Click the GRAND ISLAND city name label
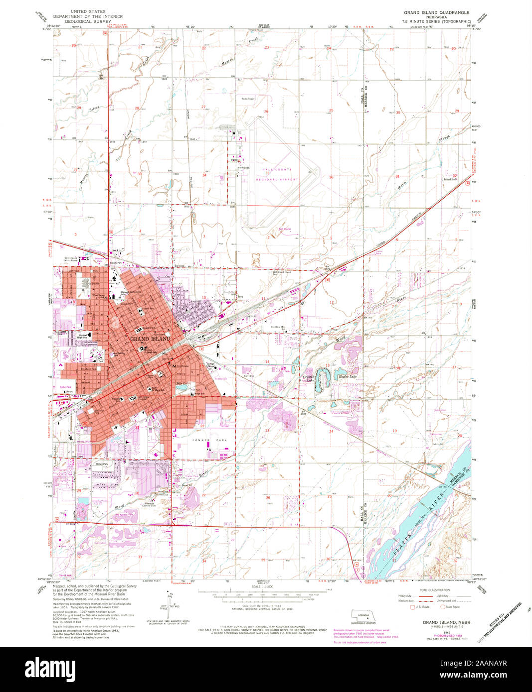pos(150,339)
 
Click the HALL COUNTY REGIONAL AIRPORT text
pos(280,175)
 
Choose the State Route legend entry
pos(452,607)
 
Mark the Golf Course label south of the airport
pos(284,230)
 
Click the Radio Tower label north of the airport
pos(248,99)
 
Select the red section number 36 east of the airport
pos(331,177)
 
